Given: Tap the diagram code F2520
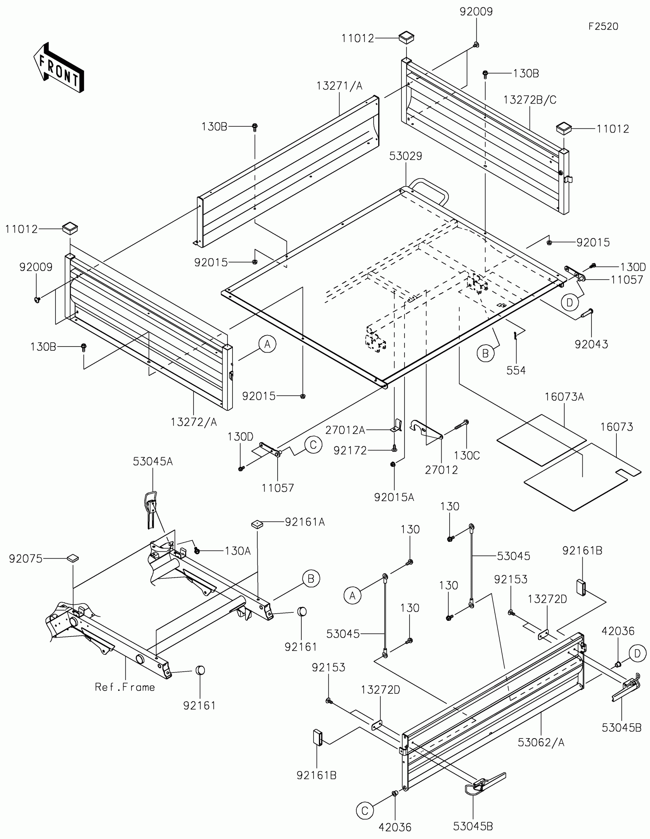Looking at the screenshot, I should pyautogui.click(x=603, y=26).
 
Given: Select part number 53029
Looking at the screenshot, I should pyautogui.click(x=406, y=156).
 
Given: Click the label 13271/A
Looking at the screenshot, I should pyautogui.click(x=340, y=86).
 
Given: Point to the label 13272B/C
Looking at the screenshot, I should pyautogui.click(x=530, y=100).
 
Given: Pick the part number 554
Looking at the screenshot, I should pyautogui.click(x=516, y=370).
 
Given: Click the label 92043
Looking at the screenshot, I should pyautogui.click(x=591, y=344).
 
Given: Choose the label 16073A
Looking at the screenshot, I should pyautogui.click(x=564, y=397).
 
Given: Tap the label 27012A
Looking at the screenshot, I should pyautogui.click(x=345, y=430).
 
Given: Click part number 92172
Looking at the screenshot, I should pyautogui.click(x=350, y=450).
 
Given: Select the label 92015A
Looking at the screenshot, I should pyautogui.click(x=394, y=497).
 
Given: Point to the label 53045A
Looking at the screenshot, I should pyautogui.click(x=153, y=462).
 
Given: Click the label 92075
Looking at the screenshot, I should pyautogui.click(x=26, y=559).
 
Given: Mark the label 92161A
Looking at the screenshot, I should pyautogui.click(x=305, y=522).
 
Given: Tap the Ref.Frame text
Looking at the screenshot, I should pyautogui.click(x=125, y=687).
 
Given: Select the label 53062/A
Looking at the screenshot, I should pyautogui.click(x=541, y=743).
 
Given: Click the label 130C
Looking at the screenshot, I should pyautogui.click(x=466, y=455).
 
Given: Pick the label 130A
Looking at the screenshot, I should pyautogui.click(x=237, y=551).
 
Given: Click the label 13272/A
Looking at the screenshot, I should pyautogui.click(x=194, y=422).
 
